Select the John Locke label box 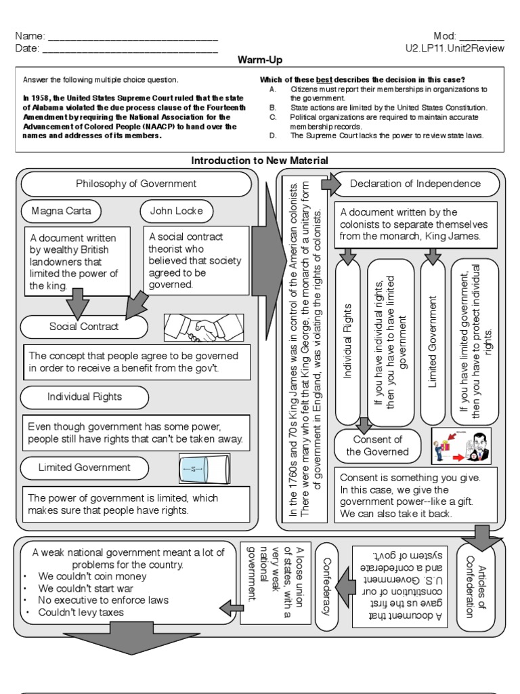coord(176,211)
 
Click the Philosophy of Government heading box coord(136,184)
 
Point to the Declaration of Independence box coord(415,184)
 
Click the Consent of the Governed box coord(377,446)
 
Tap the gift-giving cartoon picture coord(461,445)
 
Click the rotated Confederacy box coord(327,586)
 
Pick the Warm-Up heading coord(259,60)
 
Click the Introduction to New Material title coord(260,161)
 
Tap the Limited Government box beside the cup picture coord(85,468)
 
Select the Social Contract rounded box coord(84,327)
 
